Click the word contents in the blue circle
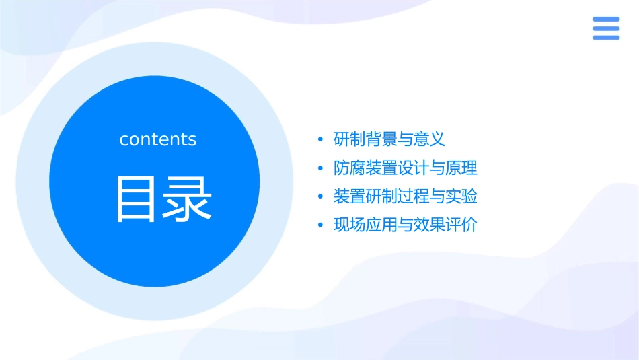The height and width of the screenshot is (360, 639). coord(158,139)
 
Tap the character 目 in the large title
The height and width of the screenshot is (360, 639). coord(137,199)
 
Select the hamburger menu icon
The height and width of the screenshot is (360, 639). coord(605,29)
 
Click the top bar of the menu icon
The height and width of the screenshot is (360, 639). coord(605,20)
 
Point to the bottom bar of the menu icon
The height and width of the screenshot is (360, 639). coord(605,38)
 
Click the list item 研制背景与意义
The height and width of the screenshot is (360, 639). coord(389,139)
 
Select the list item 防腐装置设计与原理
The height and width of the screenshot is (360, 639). coord(405,168)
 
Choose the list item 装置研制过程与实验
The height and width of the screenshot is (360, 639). coord(405,196)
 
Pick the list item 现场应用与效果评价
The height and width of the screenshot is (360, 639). coord(405,225)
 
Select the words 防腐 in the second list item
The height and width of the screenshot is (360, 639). coord(350,168)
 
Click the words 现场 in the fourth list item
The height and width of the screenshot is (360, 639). coord(350,225)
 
